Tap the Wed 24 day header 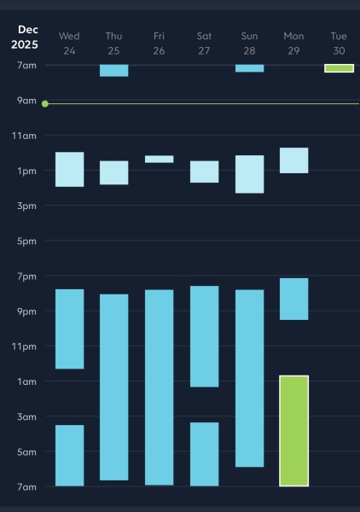69,43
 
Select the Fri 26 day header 159,43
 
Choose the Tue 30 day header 339,43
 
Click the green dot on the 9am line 44,103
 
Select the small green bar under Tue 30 339,68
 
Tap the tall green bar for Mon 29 293,430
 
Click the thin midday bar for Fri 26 159,159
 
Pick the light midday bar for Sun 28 249,174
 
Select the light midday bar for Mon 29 293,160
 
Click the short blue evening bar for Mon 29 293,299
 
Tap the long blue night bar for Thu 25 113,387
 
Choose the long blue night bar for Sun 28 249,378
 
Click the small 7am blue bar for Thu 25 113,70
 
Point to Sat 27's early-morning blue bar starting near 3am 204,454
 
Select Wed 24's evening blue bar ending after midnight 69,329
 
